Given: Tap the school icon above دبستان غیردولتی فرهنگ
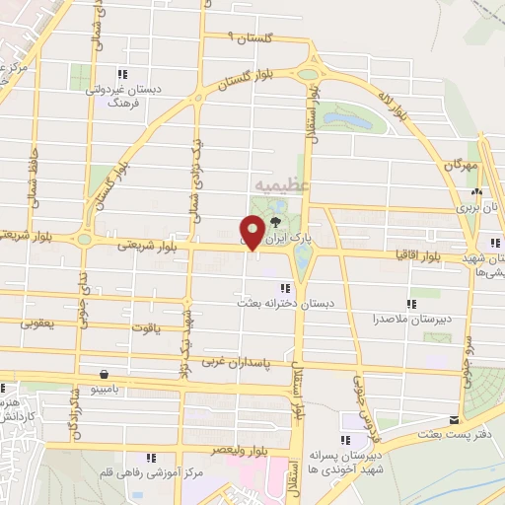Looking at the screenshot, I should point(121,74).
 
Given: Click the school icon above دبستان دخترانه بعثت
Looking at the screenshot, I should point(285,288).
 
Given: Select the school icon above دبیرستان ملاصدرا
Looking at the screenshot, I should point(411,305).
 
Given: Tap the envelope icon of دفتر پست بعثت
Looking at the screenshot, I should point(454,419).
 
